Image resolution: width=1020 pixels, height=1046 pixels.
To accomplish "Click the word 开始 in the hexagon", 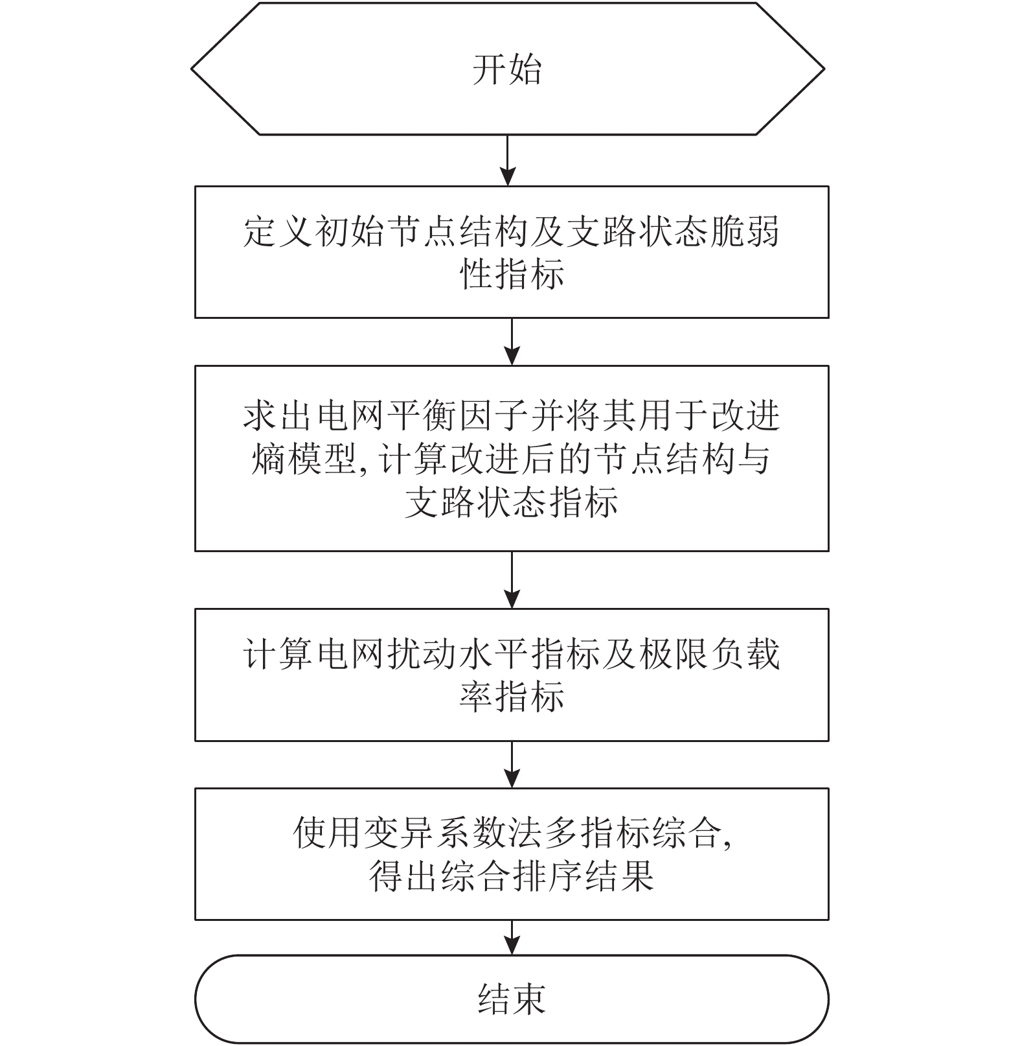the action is (x=506, y=69).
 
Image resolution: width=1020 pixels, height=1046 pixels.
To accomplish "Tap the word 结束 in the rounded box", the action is (x=512, y=999).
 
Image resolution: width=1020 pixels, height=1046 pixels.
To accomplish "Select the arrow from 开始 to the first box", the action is (x=508, y=160).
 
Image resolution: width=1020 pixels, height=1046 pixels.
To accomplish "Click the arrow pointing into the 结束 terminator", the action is (x=512, y=937).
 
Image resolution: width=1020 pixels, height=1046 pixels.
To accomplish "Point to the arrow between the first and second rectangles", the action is (x=512, y=342).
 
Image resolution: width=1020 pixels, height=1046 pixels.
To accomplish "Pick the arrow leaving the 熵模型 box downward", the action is (x=512, y=580).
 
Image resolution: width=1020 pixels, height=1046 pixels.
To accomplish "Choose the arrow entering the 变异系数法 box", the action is (x=512, y=765).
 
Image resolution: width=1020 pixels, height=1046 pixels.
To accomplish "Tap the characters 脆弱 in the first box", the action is (x=745, y=231).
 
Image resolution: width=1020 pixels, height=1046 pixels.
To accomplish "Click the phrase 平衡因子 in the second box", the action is (x=459, y=415).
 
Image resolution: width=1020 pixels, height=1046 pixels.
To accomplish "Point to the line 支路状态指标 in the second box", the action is (x=512, y=502).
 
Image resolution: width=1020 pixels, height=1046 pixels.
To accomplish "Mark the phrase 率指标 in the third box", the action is (x=512, y=697).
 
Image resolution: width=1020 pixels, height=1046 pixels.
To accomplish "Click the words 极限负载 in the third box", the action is (x=710, y=654).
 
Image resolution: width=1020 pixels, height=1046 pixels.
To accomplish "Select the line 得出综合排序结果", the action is (x=512, y=876).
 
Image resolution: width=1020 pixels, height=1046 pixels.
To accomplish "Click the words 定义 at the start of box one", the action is (x=278, y=231).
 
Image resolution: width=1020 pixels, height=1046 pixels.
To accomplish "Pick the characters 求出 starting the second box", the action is (x=278, y=415).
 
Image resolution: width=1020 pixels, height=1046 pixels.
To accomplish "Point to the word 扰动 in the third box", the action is (x=423, y=654).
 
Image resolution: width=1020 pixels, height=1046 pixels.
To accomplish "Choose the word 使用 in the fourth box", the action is (x=328, y=833).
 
